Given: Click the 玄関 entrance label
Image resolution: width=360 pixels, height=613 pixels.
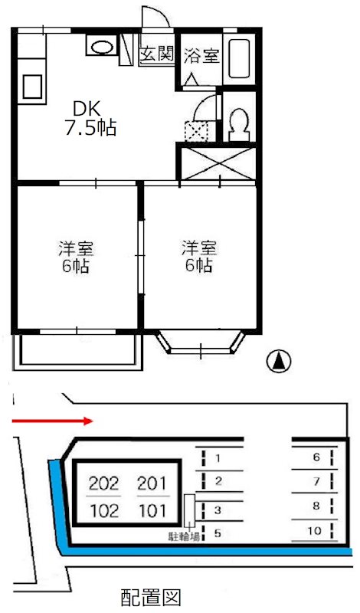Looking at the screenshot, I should [156, 55].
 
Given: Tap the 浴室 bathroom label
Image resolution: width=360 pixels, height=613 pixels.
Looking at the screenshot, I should [200, 55].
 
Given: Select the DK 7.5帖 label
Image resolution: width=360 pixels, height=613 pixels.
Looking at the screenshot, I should [89, 118].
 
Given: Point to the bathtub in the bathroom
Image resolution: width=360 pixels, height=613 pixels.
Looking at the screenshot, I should [240, 60].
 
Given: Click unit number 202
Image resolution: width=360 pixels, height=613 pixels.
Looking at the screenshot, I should [103, 483].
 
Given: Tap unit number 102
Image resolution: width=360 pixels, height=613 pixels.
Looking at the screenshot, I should [103, 510].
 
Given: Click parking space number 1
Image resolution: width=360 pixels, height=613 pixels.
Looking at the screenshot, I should [218, 459].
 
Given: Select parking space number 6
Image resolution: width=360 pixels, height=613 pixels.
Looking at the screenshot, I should [316, 457].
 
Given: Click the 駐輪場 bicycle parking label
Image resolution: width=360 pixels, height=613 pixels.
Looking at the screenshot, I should [185, 536].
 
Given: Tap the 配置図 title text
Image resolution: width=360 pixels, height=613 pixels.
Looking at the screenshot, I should [150, 596].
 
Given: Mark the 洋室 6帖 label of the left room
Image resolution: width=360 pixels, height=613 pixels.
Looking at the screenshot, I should [76, 257].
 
